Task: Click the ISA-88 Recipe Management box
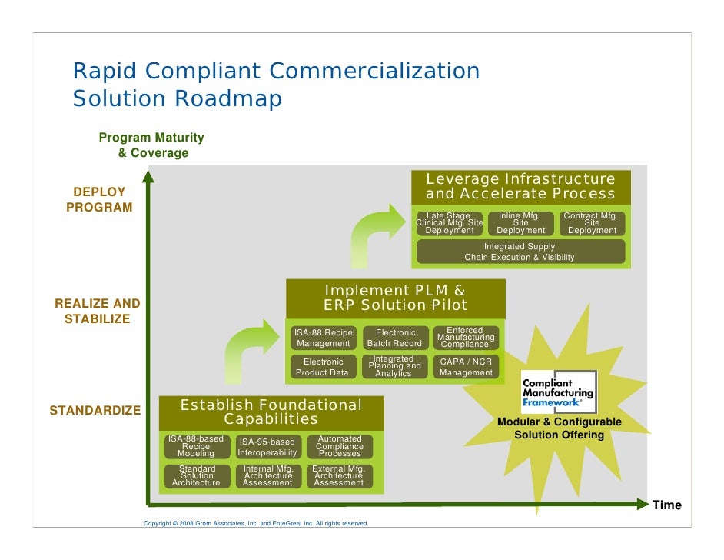point(324,338)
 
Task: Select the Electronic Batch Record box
point(395,338)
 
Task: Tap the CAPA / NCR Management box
point(466,367)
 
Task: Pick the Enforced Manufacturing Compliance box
point(466,338)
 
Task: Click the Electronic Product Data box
point(323,367)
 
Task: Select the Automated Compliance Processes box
point(339,447)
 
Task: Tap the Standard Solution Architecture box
point(197,476)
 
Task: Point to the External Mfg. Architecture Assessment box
point(338,476)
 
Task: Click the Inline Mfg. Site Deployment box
point(521,224)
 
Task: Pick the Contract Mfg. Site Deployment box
point(592,224)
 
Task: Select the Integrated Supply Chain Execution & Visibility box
point(520,252)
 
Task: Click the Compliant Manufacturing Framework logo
point(558,391)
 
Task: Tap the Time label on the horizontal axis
point(666,505)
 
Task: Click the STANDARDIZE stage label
point(95,411)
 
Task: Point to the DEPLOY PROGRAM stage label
point(99,199)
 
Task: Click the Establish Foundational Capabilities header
point(271,412)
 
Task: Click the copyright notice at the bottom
point(257,524)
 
